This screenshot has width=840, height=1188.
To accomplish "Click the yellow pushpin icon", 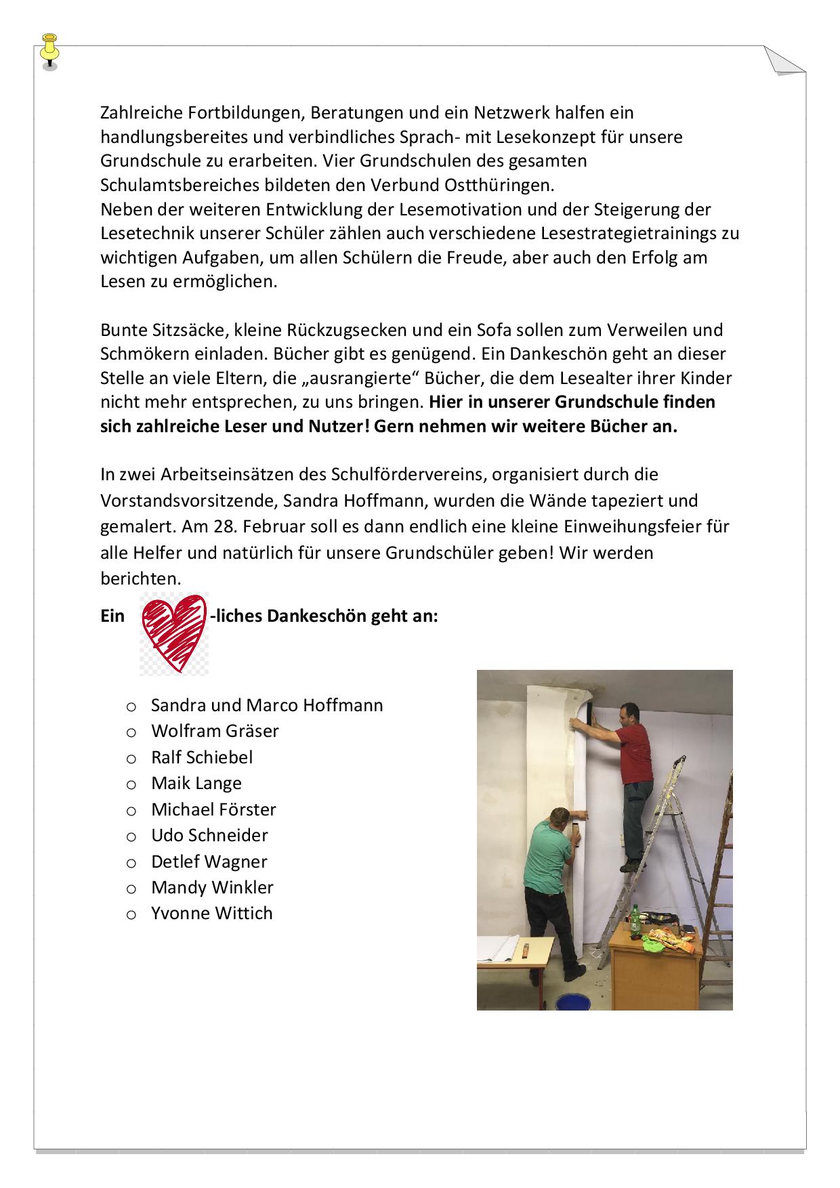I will tap(49, 50).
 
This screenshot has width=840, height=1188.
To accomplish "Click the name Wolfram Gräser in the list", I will tap(215, 731).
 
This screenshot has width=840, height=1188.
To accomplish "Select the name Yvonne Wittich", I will tap(211, 913).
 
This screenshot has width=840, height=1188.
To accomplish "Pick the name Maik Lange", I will tap(196, 783).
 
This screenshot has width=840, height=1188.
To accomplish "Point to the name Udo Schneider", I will tap(209, 835).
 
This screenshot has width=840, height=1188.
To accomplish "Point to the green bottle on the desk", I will tap(635, 924).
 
